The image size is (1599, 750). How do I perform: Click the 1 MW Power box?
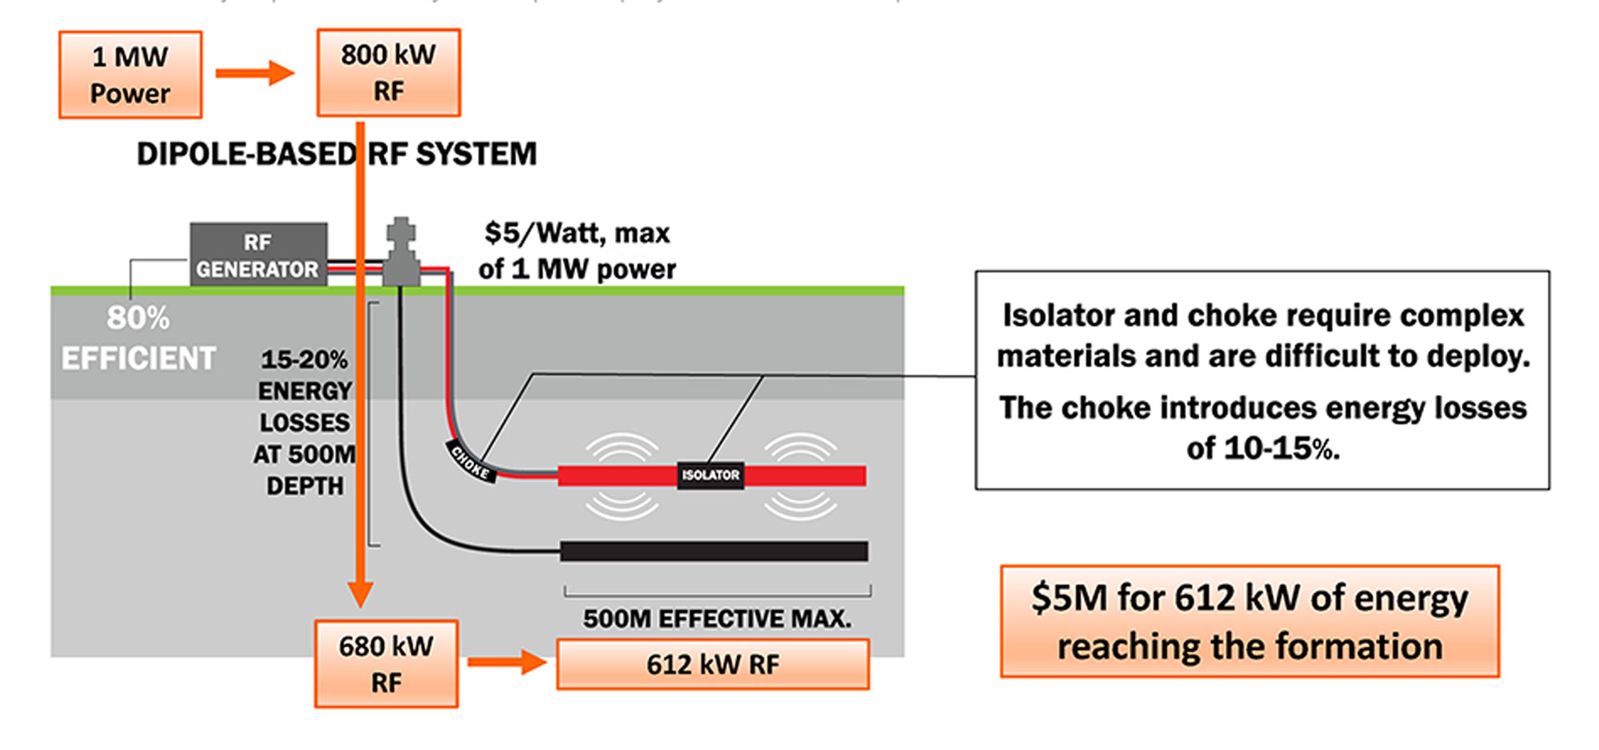130,74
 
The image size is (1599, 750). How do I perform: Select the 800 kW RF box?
388,72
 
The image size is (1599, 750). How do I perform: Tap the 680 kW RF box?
386,663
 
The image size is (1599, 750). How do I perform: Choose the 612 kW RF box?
713,664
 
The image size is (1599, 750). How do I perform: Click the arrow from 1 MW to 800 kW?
255,73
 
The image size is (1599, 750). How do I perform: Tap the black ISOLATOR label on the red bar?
710,475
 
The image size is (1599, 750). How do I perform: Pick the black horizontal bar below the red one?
714,551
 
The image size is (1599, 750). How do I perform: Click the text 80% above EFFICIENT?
138,317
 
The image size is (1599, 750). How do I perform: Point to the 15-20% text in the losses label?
304,359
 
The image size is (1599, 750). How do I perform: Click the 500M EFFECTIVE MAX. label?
717,618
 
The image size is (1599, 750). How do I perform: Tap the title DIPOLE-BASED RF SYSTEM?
336,154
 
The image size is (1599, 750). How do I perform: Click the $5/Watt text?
577,232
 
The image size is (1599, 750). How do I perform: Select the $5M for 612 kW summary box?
1249,622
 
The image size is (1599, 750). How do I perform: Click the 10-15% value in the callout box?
1263,448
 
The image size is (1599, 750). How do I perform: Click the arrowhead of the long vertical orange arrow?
360,593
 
